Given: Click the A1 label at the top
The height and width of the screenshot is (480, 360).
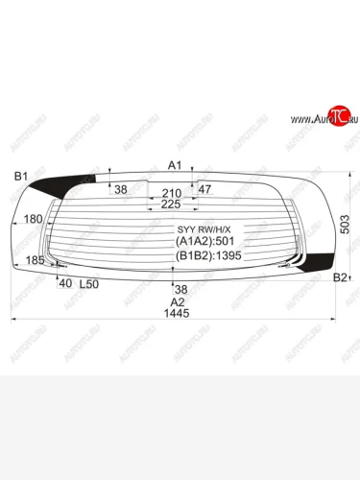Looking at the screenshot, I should click(x=175, y=166).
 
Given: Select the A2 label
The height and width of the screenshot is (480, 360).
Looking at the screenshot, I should click(x=176, y=300).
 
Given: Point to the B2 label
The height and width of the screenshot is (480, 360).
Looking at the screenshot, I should click(x=339, y=277).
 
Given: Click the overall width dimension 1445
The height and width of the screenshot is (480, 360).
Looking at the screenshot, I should click(x=176, y=314).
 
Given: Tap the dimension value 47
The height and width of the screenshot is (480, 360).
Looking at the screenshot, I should click(x=204, y=189).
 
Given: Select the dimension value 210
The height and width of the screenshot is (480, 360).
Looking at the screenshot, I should click(x=172, y=193).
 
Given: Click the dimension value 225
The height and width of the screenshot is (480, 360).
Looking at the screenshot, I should click(x=172, y=204).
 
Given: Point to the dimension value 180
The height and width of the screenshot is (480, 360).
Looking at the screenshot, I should click(x=33, y=220).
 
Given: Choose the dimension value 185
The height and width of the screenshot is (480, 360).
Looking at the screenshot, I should click(x=35, y=260).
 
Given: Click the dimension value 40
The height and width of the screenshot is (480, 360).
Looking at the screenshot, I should click(x=65, y=283).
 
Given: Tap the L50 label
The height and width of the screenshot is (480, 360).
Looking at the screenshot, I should click(x=88, y=284).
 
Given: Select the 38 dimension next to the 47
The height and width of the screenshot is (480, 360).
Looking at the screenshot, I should click(x=121, y=189).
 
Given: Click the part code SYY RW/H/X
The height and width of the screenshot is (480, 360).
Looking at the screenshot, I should click(x=204, y=229).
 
